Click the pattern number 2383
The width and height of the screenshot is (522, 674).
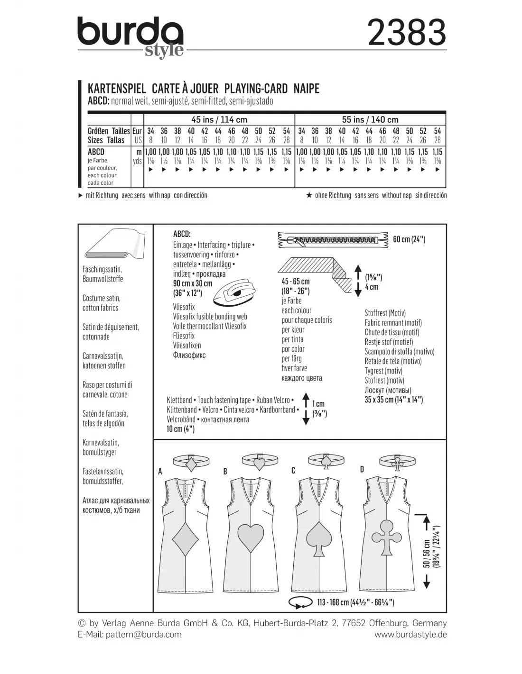[407, 33]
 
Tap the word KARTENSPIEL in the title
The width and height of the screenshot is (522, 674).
[117, 89]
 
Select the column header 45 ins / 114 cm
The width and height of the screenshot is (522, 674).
[219, 119]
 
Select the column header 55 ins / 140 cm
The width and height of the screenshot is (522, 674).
[370, 119]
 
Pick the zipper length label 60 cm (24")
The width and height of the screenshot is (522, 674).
[409, 239]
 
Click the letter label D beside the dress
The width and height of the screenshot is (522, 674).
[362, 469]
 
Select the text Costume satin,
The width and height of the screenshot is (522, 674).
[101, 298]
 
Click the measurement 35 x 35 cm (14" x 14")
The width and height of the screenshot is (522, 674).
[394, 400]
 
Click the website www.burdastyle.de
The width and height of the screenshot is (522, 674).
[410, 635]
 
